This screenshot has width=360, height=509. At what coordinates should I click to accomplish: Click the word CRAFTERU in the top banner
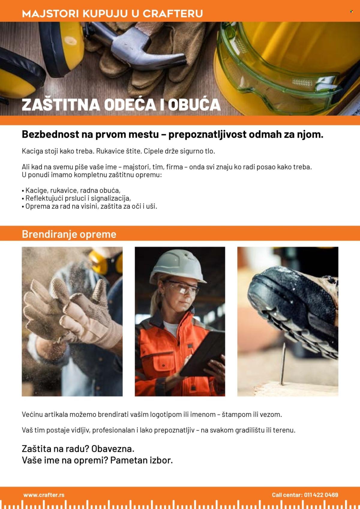click(x=172, y=13)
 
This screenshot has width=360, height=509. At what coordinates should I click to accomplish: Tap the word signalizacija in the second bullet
click(x=110, y=198)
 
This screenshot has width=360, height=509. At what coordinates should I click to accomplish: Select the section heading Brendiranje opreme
click(x=69, y=234)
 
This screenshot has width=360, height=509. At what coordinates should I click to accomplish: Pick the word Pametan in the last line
click(x=125, y=460)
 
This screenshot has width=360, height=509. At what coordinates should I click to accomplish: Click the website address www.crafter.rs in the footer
click(x=44, y=495)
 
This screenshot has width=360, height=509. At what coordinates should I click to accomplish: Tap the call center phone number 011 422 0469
click(x=321, y=495)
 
